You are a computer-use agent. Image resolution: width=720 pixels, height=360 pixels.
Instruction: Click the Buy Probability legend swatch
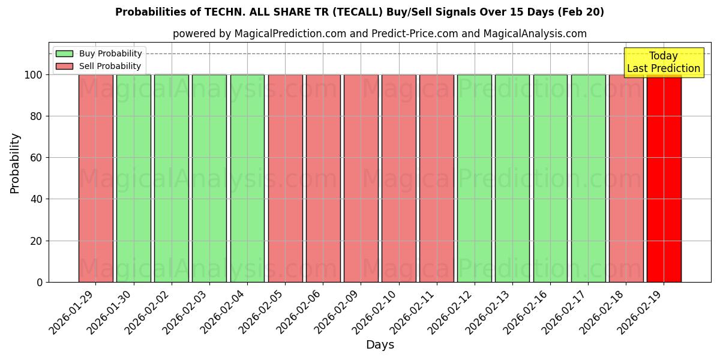click(64, 54)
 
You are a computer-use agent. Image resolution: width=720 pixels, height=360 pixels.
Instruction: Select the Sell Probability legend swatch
click(64, 67)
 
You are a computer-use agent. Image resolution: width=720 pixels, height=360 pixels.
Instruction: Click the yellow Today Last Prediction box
click(664, 62)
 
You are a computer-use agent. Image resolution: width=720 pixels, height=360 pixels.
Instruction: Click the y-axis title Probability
click(15, 163)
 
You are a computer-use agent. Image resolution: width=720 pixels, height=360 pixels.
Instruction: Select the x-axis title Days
click(380, 345)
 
